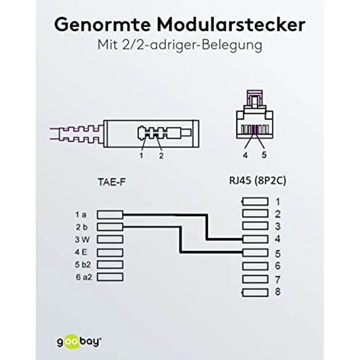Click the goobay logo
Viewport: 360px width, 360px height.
pos(79,341)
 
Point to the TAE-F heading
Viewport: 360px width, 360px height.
pos(112,182)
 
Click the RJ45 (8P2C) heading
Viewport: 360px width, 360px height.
pos(258,180)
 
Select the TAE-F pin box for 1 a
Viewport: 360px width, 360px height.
pos(110,215)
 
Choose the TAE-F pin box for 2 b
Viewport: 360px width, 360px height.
pos(110,227)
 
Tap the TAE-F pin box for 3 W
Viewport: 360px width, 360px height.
pos(110,240)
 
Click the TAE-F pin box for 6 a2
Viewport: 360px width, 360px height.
pos(110,277)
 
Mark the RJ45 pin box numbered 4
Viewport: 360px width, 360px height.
pos(255,239)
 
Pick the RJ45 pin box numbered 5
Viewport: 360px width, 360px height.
pos(255,253)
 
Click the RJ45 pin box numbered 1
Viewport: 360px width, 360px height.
pos(255,202)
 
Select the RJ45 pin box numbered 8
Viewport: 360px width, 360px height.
pos(255,292)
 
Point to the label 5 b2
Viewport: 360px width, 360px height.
pos(83,265)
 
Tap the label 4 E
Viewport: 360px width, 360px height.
pos(81,252)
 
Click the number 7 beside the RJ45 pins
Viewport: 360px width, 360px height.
pos(278,280)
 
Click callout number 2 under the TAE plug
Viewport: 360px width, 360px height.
pos(161,156)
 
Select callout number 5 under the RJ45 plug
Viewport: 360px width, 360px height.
pos(264,155)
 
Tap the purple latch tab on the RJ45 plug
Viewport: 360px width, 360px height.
pos(255,97)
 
